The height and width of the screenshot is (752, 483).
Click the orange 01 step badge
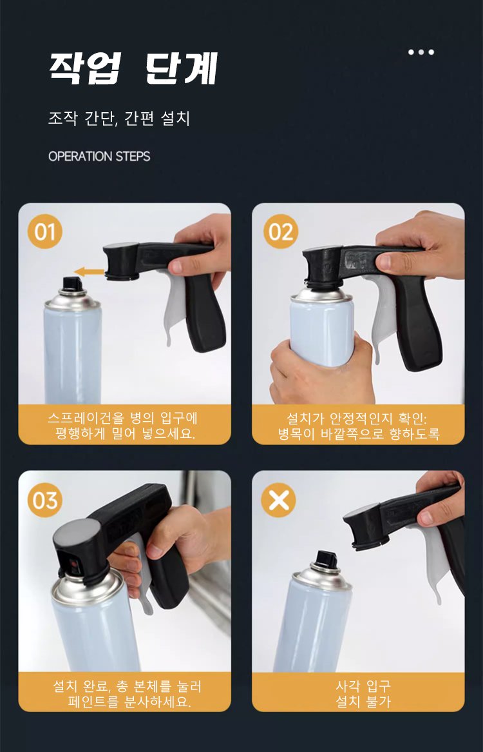[45, 232]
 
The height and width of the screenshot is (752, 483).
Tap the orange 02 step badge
[281, 232]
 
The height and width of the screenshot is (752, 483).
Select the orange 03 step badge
[45, 500]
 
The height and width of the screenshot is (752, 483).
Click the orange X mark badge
[279, 500]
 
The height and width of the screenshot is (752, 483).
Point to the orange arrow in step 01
[89, 272]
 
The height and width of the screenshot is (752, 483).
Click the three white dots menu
[421, 52]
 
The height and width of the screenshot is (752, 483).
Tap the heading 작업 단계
[133, 68]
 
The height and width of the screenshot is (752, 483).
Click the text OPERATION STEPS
[99, 156]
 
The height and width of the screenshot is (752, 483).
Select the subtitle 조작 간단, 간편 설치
[119, 118]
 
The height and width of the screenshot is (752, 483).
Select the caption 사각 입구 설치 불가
[363, 694]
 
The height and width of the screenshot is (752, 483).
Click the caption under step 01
[123, 426]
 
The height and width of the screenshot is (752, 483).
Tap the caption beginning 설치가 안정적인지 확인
[358, 426]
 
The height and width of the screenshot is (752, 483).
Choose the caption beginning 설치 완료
[128, 694]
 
